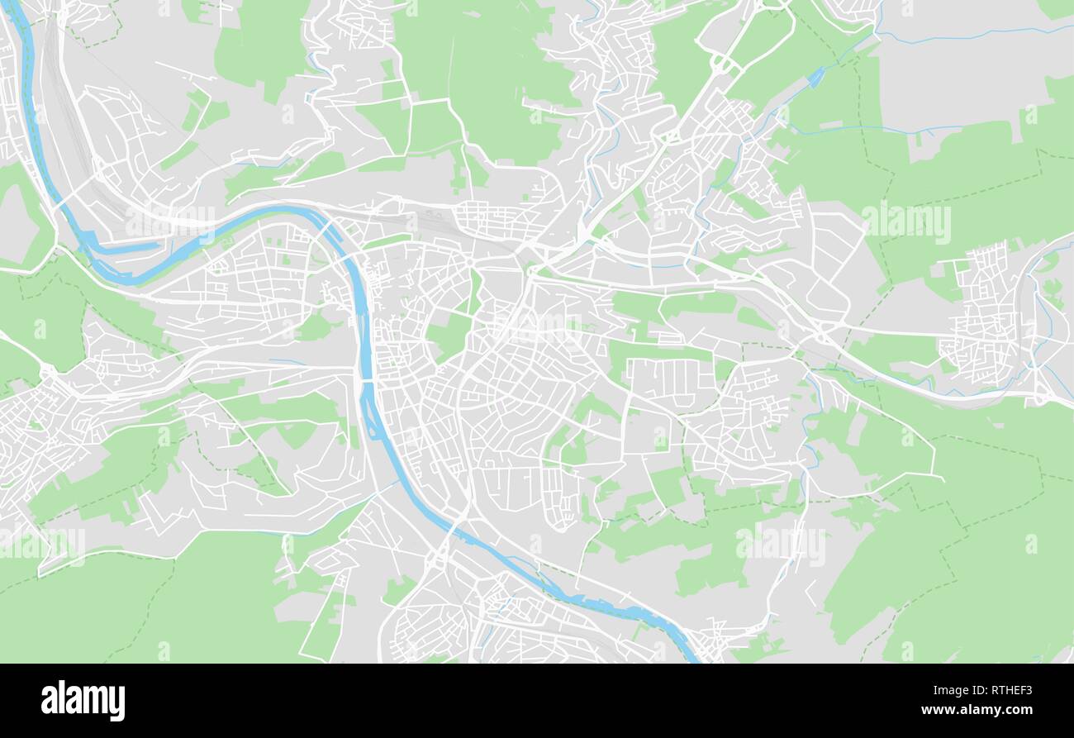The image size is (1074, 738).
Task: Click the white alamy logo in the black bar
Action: tap(83, 700)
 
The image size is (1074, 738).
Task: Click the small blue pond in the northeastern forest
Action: tap(815, 77)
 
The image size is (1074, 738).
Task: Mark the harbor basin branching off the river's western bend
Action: tap(124, 246)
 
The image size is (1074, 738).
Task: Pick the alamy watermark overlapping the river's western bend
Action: tap(169, 221)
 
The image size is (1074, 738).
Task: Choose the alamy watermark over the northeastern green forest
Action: tap(905, 222)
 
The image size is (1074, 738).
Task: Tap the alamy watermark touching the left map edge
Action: tap(41, 543)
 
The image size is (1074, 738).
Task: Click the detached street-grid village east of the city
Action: tap(987, 318)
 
